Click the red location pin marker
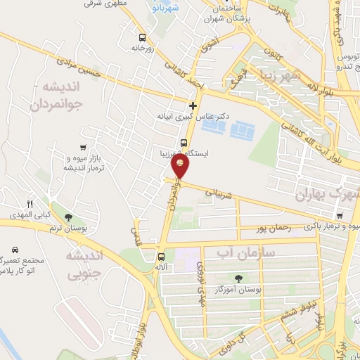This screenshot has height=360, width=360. pos(181,165)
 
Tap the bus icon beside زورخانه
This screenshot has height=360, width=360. pos(143,37)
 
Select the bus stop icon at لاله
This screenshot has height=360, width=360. pos(162,257)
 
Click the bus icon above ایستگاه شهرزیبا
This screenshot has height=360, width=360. pos(184,143)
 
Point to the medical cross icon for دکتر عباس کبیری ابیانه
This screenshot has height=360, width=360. pos(193,106)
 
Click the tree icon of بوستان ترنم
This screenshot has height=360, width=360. pos(67,218)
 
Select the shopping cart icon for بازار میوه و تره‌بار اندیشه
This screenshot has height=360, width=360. pos(84,148)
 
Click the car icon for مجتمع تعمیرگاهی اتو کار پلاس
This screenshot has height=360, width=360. pos(15,250)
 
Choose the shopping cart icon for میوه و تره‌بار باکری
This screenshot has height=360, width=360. pos(340,216)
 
